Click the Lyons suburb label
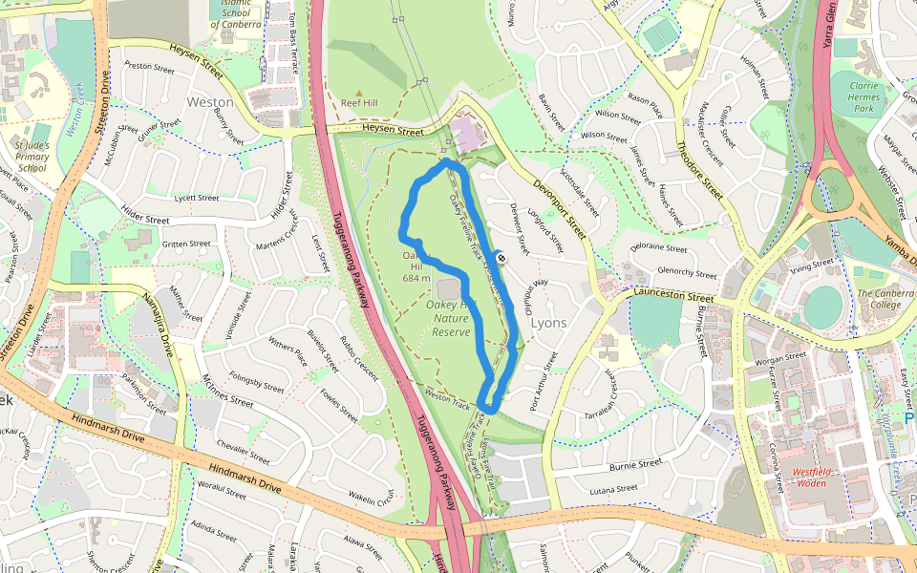click(x=548, y=323)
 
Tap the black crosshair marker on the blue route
click(x=501, y=257)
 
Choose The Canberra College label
click(x=878, y=299)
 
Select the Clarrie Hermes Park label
click(x=864, y=96)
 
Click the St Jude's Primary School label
click(x=32, y=156)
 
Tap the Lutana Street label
click(x=613, y=489)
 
